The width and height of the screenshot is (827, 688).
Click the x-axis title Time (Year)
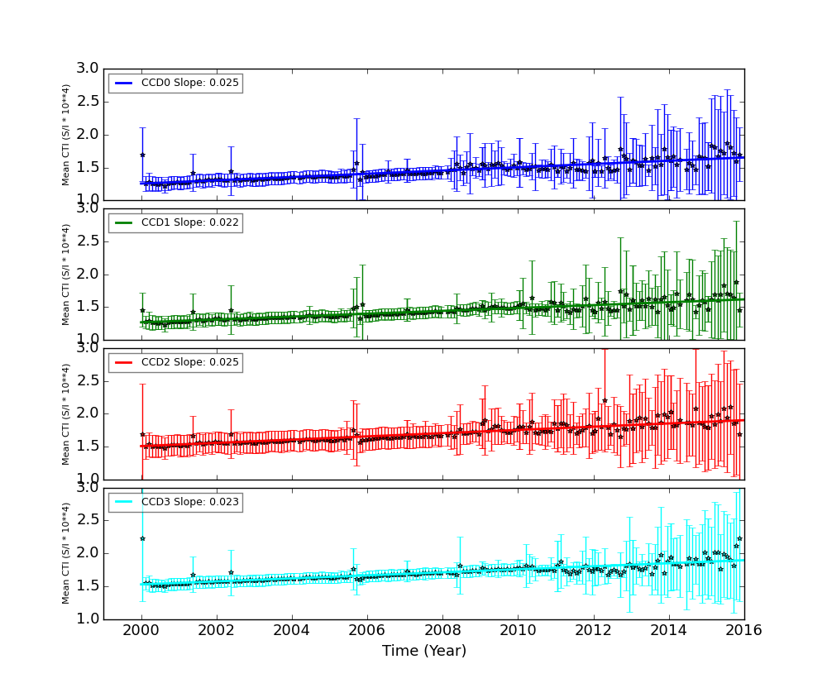tap(423, 652)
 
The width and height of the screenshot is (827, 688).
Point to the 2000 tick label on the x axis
tap(141, 630)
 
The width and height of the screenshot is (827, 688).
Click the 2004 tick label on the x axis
tap(292, 630)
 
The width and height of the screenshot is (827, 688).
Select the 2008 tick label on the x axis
tap(442, 630)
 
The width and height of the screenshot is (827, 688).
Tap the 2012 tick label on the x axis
tap(593, 630)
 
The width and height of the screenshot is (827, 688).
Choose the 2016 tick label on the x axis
tap(743, 630)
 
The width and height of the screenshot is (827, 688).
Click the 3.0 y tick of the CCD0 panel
tap(88, 69)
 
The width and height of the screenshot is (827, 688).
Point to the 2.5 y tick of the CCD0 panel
tap(88, 102)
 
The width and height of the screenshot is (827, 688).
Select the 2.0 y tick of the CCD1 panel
tap(88, 275)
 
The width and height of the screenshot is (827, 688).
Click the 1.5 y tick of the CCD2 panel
tap(88, 447)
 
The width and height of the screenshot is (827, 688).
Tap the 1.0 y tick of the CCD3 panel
tap(88, 619)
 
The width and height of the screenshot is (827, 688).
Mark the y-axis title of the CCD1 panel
tap(66, 274)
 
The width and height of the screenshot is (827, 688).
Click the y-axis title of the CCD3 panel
tap(66, 553)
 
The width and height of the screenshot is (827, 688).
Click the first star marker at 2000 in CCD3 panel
tap(142, 538)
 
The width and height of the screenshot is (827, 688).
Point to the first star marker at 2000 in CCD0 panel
tap(142, 155)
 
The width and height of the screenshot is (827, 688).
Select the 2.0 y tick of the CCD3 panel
tap(88, 553)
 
